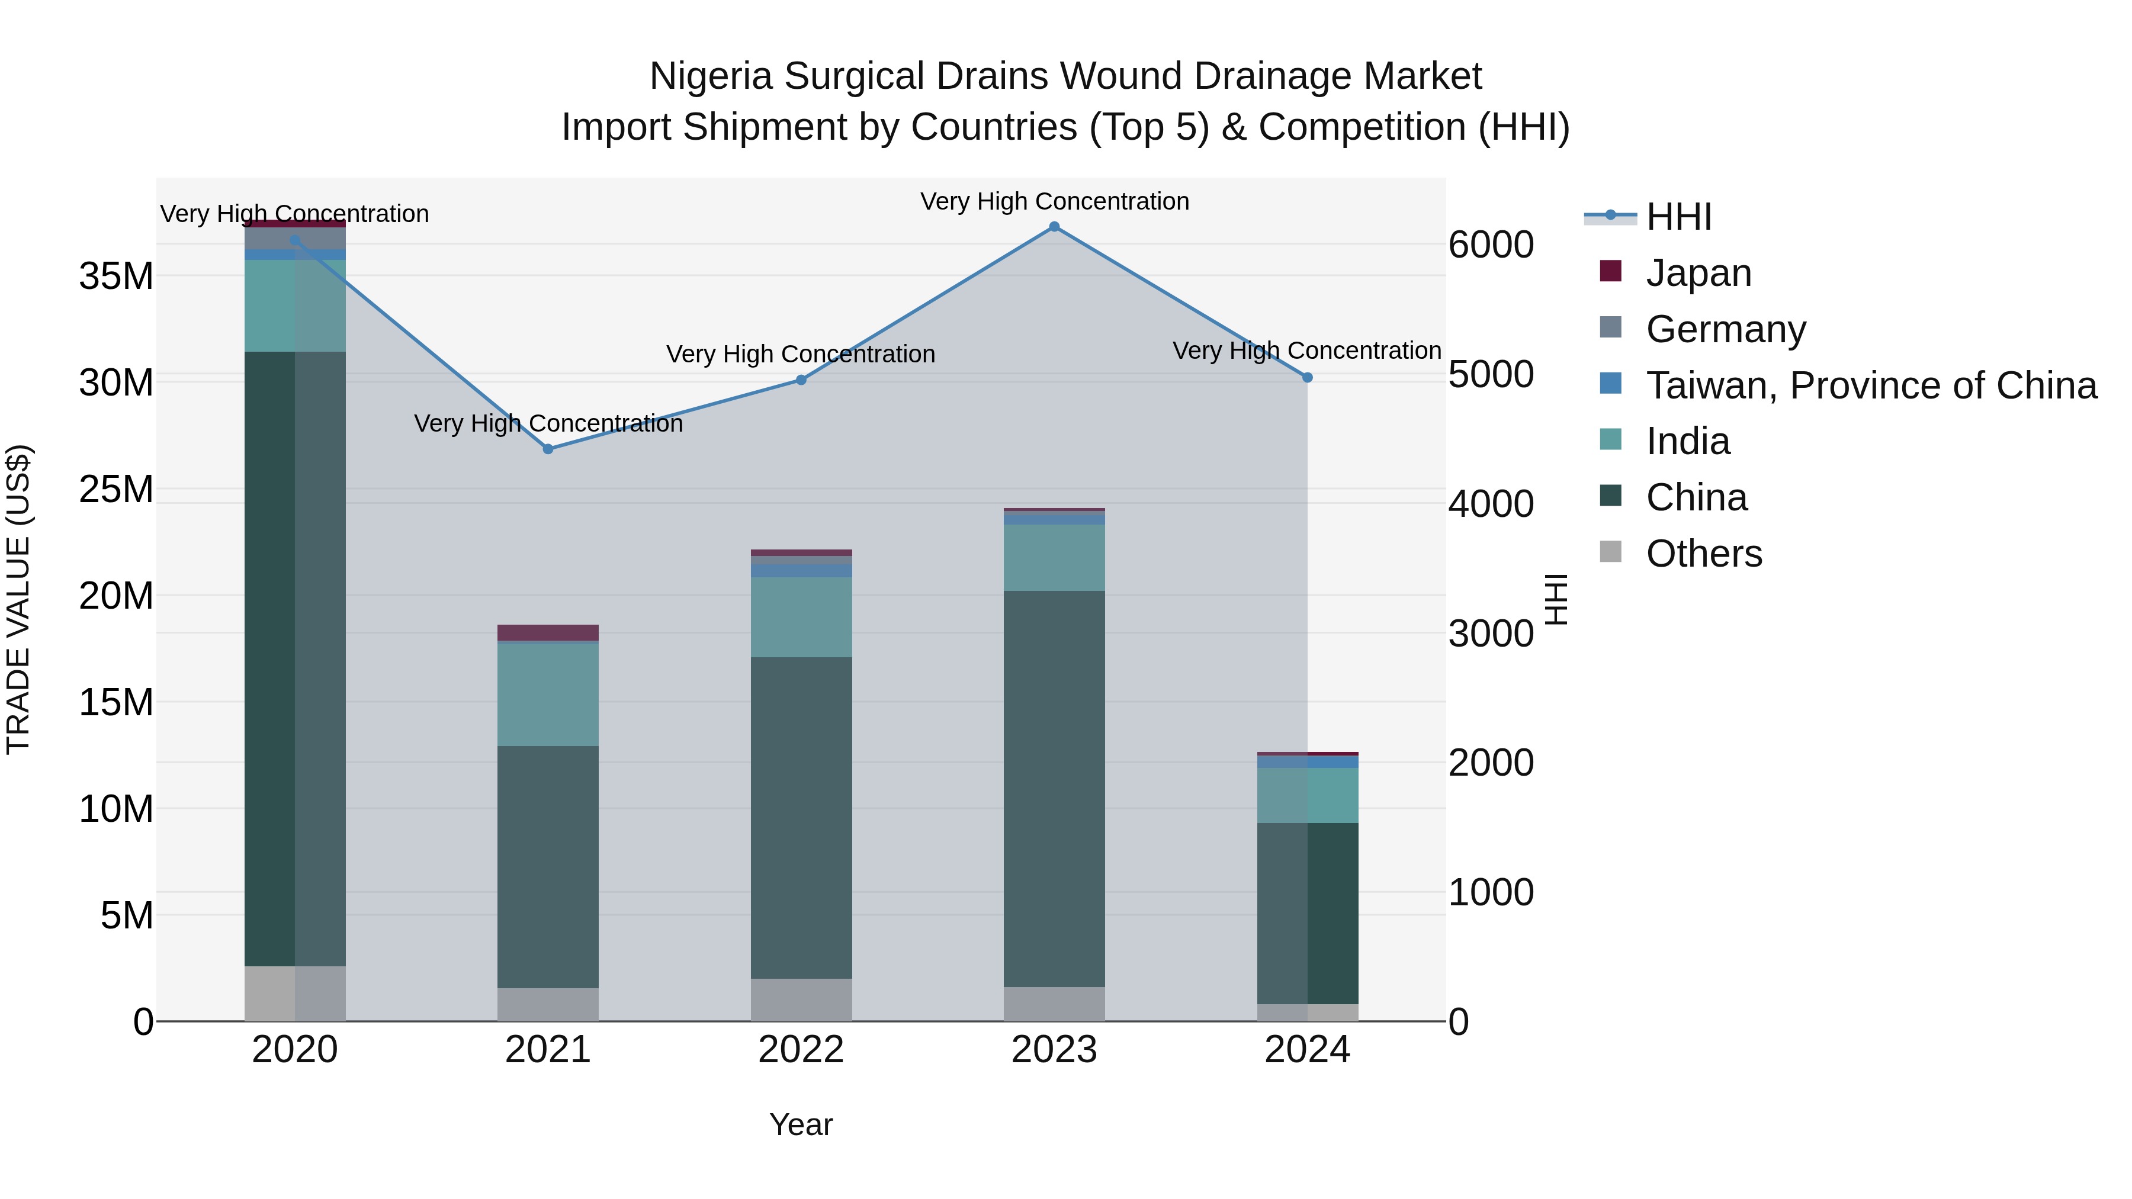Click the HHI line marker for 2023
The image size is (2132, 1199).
[x=1054, y=227]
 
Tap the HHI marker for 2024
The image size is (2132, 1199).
[x=1308, y=377]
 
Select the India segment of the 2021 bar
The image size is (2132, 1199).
[x=548, y=695]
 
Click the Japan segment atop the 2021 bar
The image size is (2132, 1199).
[x=548, y=632]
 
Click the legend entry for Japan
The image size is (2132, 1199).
[x=1698, y=273]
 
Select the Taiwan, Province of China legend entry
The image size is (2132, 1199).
[x=1870, y=385]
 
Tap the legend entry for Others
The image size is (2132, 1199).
[x=1703, y=554]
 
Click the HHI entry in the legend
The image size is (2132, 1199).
[x=1678, y=217]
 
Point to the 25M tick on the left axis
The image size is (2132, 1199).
[x=116, y=489]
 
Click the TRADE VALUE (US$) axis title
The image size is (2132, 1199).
[x=18, y=599]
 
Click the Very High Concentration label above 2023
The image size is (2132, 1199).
[x=1054, y=201]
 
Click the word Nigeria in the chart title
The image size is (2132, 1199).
[x=711, y=76]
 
